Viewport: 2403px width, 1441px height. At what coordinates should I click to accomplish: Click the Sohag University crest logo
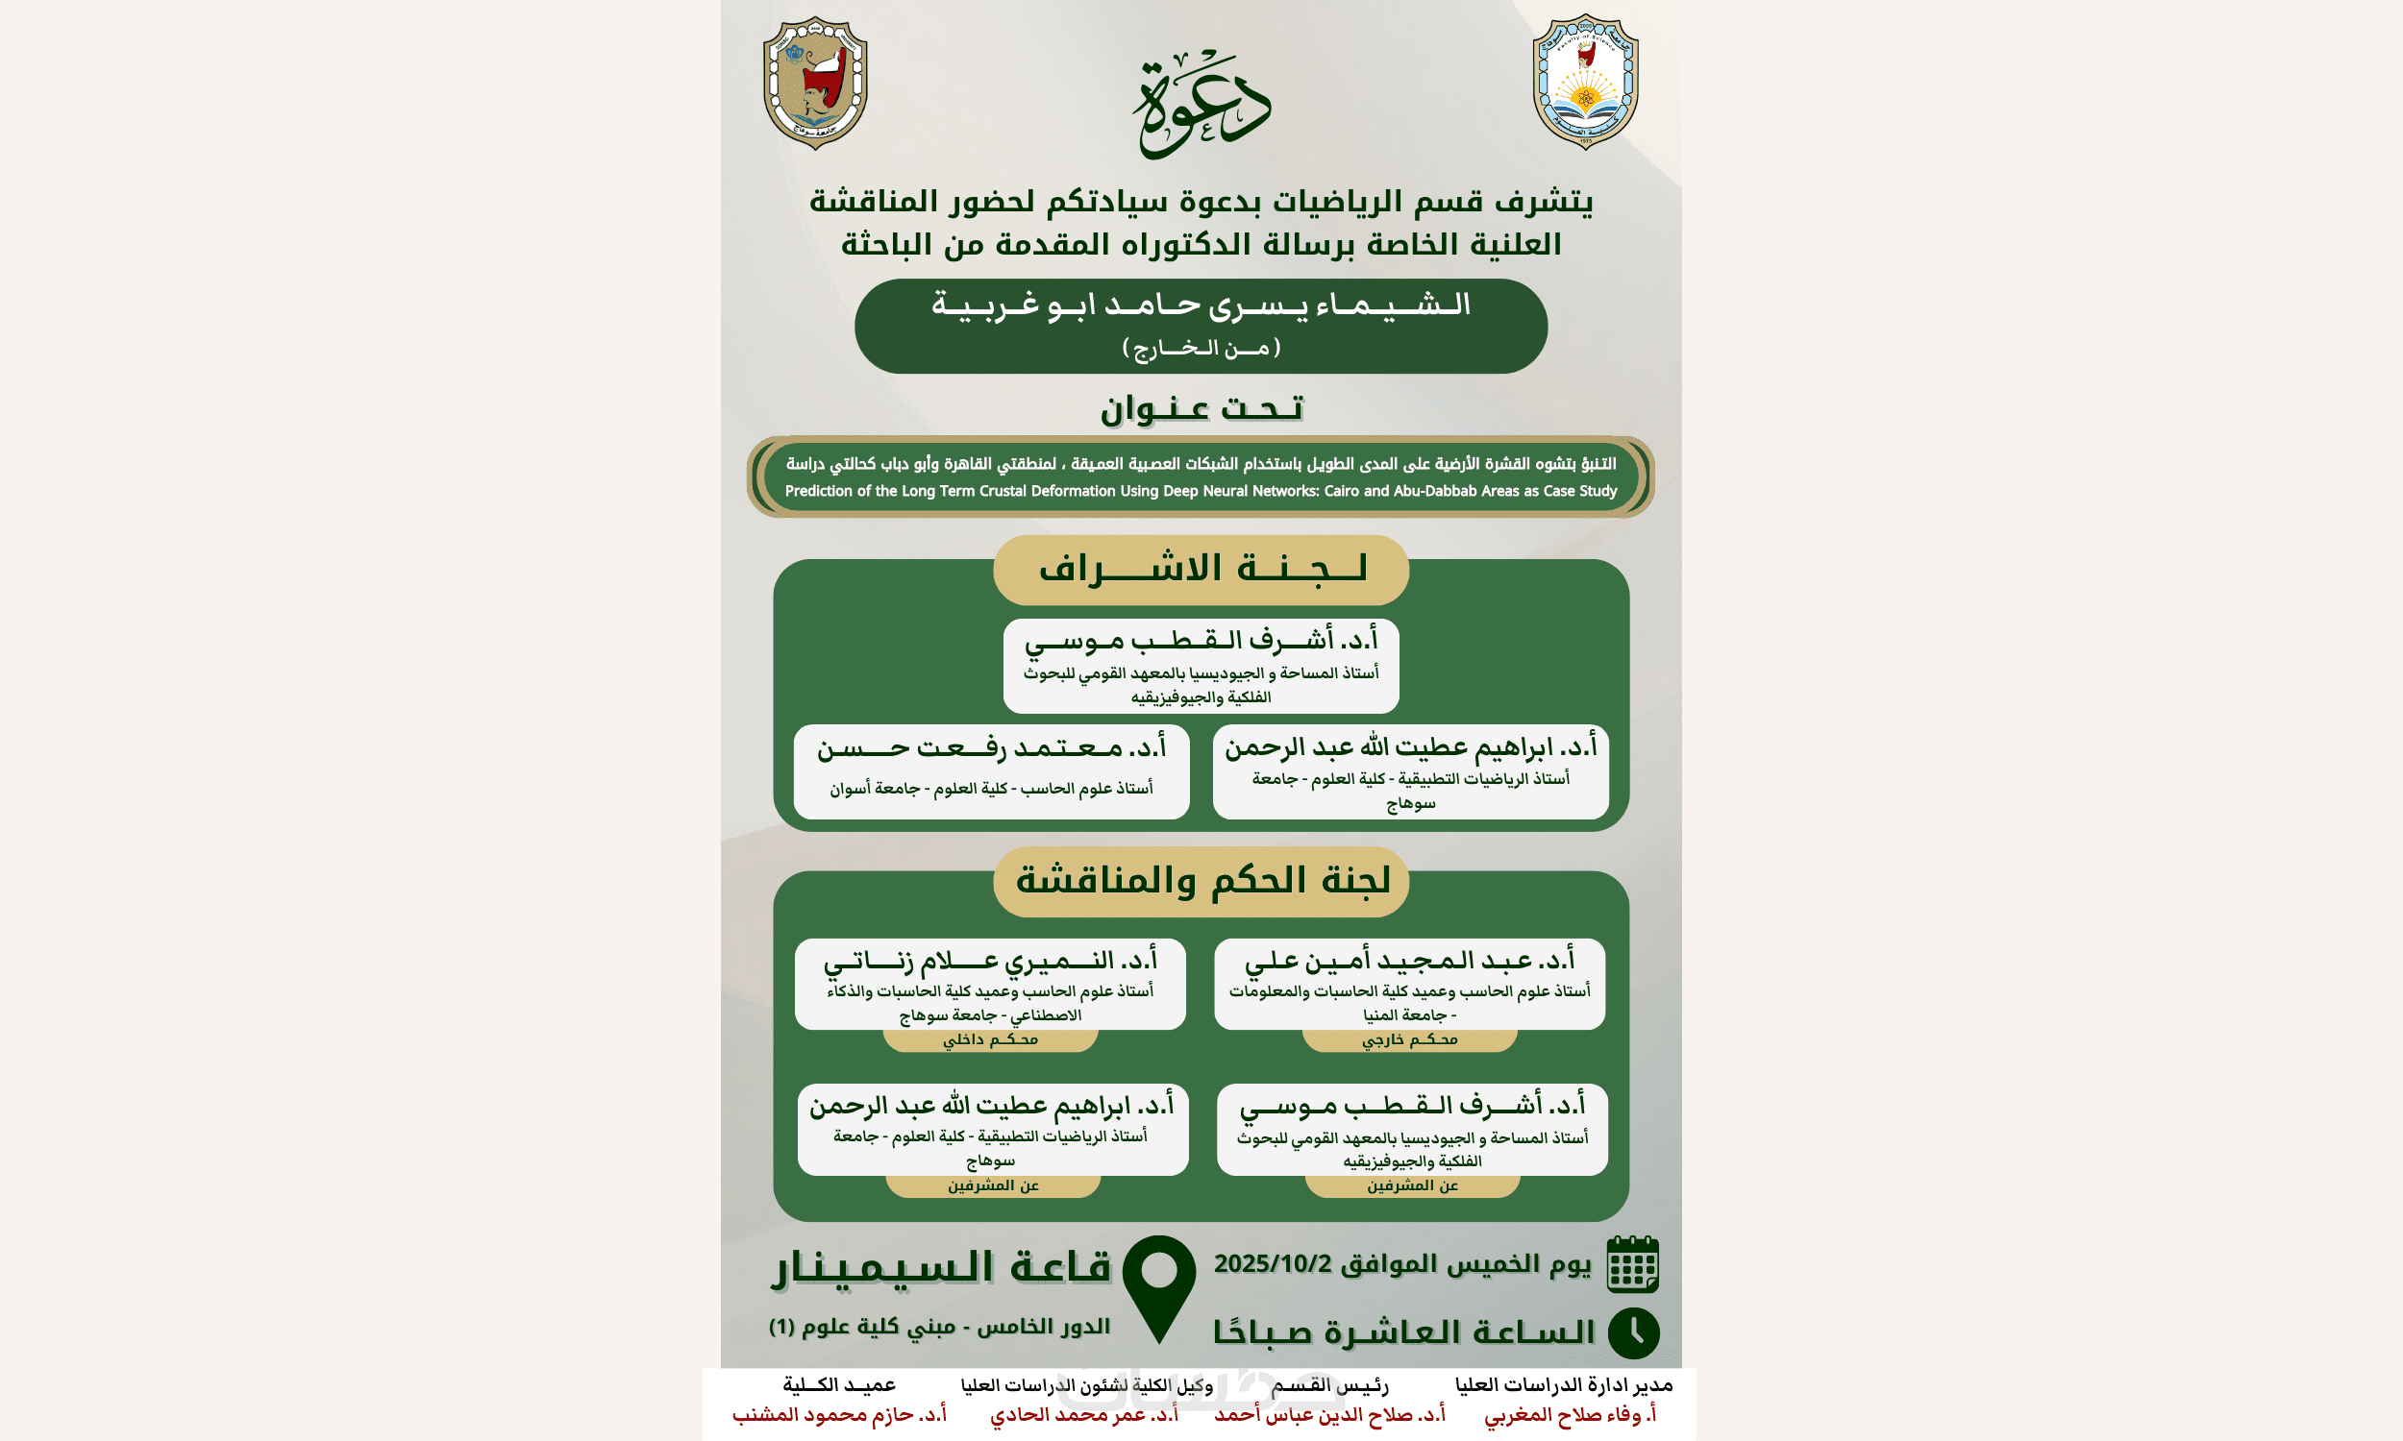point(815,84)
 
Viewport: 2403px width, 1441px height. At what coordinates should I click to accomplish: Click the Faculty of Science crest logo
point(1585,82)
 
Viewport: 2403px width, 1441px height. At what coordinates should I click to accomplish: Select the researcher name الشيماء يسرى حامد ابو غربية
point(1201,305)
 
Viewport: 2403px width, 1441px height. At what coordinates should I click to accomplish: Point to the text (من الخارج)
point(1201,348)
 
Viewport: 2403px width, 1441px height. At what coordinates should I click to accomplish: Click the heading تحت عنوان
point(1201,409)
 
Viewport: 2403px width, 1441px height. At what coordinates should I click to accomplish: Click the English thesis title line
point(1201,491)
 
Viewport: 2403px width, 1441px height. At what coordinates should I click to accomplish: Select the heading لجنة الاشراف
point(1201,569)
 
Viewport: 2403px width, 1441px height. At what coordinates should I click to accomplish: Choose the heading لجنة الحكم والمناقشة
point(1201,881)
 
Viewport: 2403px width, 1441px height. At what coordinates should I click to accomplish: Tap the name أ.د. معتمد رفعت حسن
point(991,748)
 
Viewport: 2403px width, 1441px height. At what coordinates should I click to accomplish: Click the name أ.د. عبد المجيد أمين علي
point(1409,962)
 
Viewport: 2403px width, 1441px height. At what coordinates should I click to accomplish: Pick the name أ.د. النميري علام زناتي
point(990,962)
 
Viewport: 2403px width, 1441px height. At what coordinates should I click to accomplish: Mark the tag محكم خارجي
point(1409,1040)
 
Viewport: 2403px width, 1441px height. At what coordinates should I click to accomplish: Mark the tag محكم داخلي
point(990,1040)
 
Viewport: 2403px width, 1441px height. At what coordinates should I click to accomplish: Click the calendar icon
point(1633,1264)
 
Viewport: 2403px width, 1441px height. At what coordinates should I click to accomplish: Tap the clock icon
point(1634,1333)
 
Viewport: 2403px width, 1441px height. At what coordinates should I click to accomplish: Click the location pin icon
point(1159,1287)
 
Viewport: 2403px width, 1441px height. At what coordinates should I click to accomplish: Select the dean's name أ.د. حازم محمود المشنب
point(839,1415)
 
